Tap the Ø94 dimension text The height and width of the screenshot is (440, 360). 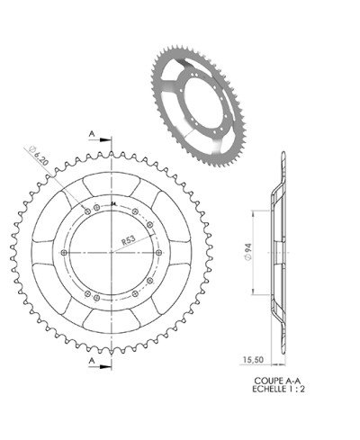247,254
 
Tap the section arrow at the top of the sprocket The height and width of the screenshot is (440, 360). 106,140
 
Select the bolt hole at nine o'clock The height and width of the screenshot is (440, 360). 63,254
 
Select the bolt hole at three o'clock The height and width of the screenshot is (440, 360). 159,254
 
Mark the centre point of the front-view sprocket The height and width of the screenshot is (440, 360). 112,254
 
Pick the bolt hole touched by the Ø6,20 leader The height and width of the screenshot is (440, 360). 86,211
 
